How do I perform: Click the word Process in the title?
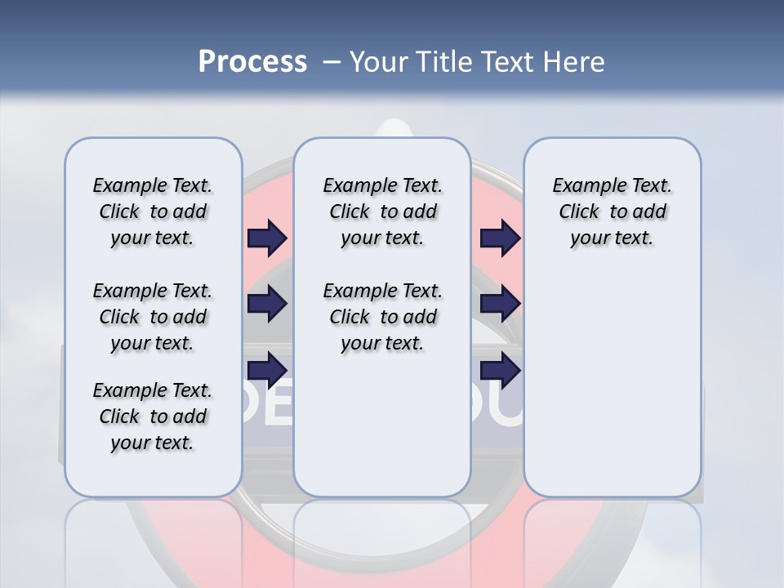[252, 61]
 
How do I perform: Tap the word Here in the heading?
[572, 61]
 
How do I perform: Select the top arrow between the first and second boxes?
[267, 238]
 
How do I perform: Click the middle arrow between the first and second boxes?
[267, 304]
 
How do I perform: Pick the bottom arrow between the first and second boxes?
[267, 369]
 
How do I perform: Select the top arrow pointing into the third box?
[500, 238]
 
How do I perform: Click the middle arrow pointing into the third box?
[500, 304]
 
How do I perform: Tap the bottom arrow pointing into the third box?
[500, 370]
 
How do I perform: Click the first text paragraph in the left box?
[153, 212]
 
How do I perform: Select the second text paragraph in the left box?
[153, 317]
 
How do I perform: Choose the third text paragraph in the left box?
[153, 416]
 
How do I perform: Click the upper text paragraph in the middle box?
[382, 212]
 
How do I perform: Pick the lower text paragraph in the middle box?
[382, 317]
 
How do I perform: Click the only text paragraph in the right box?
[612, 212]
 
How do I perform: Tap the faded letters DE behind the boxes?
[265, 411]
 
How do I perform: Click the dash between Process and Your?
[332, 61]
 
